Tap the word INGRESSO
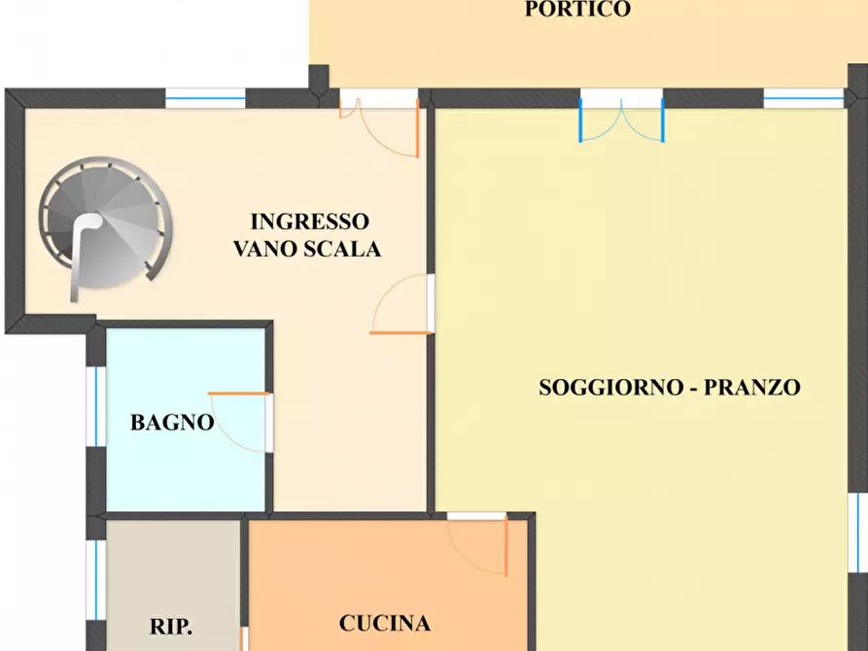(x=309, y=221)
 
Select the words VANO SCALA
(x=307, y=249)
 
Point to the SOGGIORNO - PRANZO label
(x=670, y=387)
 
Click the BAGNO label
(x=172, y=423)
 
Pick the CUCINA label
(x=385, y=623)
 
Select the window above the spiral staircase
(x=205, y=96)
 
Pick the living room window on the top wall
(x=803, y=97)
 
